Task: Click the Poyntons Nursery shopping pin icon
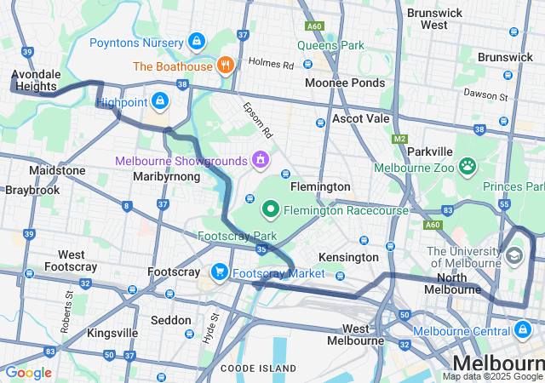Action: (197, 41)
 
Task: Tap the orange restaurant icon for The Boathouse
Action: (226, 65)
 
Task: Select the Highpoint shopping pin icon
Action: (159, 101)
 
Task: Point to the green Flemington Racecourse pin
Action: (271, 208)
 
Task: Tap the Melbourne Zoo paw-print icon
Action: (467, 166)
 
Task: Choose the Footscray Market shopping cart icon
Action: (219, 272)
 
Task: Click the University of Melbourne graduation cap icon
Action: (513, 255)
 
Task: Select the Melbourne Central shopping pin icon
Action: (522, 329)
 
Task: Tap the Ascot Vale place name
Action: (360, 118)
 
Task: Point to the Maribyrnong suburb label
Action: (166, 176)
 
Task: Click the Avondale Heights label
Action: (35, 81)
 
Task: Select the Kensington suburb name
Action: (348, 257)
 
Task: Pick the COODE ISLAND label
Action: (258, 369)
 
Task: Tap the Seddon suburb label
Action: (170, 320)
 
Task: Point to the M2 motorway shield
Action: (400, 139)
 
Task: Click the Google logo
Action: (28, 373)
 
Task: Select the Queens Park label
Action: (330, 45)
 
